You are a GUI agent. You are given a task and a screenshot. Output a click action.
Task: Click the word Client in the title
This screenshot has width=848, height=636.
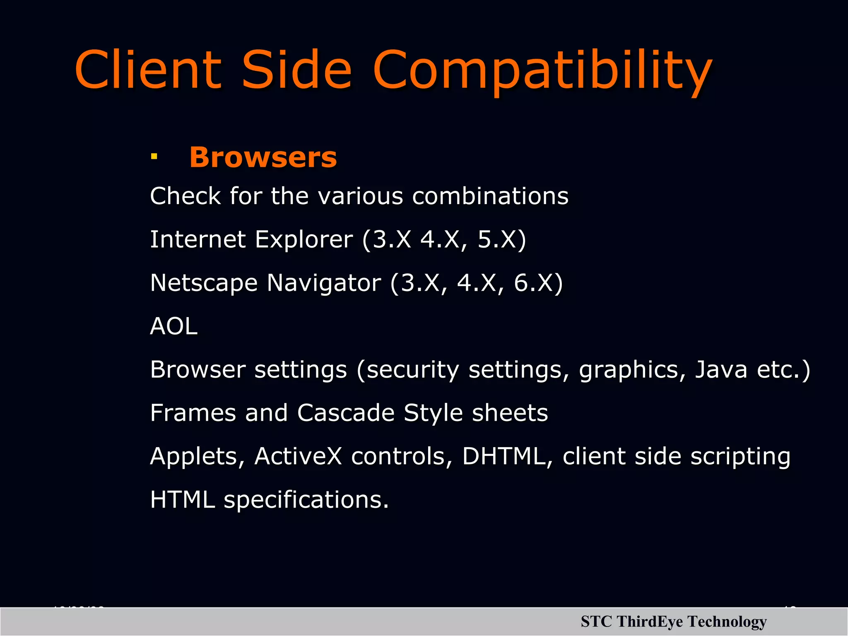click(x=148, y=69)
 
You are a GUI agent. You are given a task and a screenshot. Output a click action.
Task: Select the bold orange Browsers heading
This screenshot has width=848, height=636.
click(x=263, y=157)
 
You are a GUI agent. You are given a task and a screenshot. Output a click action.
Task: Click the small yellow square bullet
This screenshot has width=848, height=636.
click(x=154, y=157)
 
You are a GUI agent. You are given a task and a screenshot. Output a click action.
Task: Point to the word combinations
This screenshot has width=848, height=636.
click(x=490, y=196)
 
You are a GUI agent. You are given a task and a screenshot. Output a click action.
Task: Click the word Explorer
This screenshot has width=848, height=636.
click(x=304, y=239)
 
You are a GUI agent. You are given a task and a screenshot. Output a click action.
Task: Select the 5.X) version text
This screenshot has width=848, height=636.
click(x=501, y=239)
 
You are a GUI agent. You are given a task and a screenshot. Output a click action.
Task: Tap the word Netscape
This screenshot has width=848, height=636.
click(x=204, y=283)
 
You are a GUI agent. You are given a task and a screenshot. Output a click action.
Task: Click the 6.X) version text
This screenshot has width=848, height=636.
click(x=538, y=283)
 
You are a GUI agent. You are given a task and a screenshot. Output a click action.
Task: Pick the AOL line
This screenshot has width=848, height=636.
click(x=174, y=326)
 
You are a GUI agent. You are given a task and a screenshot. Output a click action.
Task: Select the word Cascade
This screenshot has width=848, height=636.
click(x=346, y=413)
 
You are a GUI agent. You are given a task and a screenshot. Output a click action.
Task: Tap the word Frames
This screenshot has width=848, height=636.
click(x=193, y=413)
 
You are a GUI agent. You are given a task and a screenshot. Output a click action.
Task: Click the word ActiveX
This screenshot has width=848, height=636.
click(x=298, y=456)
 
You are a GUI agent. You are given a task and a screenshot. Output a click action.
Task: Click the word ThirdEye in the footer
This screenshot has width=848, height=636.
click(x=649, y=622)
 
